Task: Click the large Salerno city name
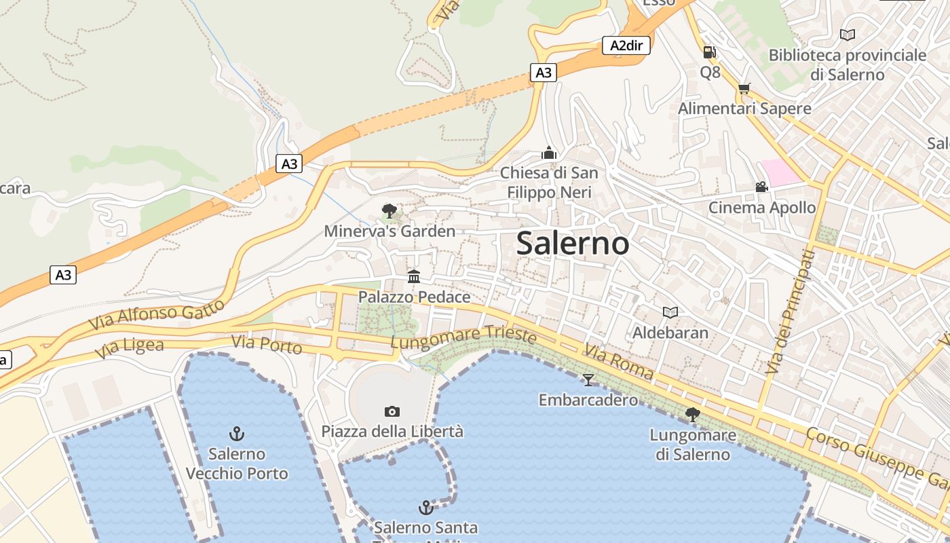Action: click(x=573, y=243)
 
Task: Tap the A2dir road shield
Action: click(x=626, y=45)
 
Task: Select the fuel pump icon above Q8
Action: click(x=710, y=52)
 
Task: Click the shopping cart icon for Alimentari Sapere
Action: click(x=744, y=89)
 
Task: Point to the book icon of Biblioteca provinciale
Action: click(x=848, y=35)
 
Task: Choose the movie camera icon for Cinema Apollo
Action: click(x=761, y=187)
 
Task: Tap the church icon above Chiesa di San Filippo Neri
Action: click(x=549, y=153)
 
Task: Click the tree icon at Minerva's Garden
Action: click(x=389, y=210)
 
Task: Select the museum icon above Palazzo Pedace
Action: click(x=414, y=276)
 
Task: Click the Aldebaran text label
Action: click(x=670, y=333)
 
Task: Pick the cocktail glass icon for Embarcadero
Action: click(x=588, y=379)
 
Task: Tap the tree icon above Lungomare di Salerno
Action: click(x=693, y=414)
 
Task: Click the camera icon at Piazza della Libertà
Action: click(x=392, y=411)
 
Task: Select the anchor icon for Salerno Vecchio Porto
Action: click(x=237, y=433)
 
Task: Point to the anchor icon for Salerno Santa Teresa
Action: click(x=425, y=507)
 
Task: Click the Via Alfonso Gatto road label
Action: click(x=157, y=316)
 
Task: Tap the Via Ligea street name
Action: click(x=130, y=349)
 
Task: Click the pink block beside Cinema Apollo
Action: click(x=780, y=172)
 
